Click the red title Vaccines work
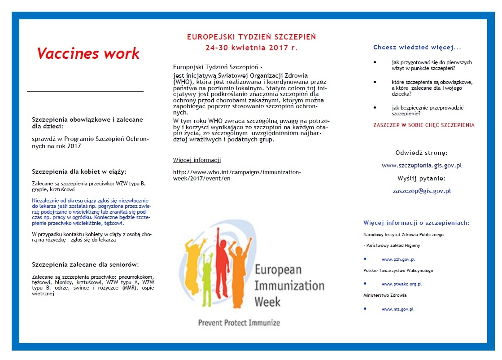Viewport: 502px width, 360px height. [88, 54]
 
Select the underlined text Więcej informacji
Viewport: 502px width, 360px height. [197, 160]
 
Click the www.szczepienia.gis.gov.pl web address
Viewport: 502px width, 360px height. [422, 165]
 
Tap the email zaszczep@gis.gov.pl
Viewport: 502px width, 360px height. [422, 191]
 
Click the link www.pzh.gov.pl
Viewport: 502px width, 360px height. [398, 259]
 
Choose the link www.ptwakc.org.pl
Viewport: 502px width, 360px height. [402, 284]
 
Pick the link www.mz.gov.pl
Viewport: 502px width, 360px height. [397, 309]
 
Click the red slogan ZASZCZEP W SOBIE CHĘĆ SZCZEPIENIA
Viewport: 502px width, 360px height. [424, 125]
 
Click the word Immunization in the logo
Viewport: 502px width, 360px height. [289, 285]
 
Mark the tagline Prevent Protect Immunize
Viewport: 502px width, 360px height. [239, 322]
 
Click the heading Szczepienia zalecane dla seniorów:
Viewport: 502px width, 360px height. [85, 264]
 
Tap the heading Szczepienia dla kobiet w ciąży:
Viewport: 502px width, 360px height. [79, 171]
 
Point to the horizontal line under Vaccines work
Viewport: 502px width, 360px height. [85, 91]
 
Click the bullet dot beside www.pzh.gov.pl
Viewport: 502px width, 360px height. [365, 259]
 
